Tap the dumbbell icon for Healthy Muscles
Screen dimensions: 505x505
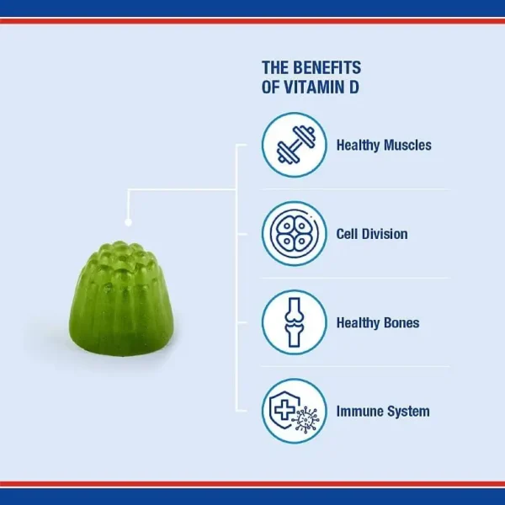click(293, 145)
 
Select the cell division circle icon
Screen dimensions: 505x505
click(293, 233)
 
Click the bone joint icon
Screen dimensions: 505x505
click(293, 322)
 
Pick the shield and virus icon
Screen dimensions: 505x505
click(293, 411)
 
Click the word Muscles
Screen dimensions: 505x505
click(407, 145)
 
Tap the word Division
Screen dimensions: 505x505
click(384, 233)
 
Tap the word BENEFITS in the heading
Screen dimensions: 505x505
click(326, 67)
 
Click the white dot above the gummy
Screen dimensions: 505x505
click(128, 222)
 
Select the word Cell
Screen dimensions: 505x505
click(348, 233)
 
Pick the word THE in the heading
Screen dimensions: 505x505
click(275, 67)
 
